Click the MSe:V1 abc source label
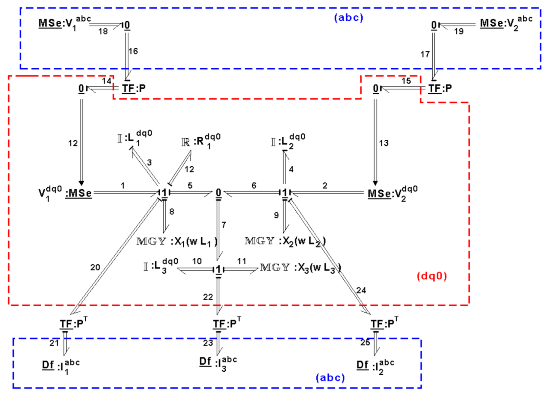pos(64,24)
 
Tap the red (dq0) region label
pos(432,276)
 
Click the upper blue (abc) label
pos(349,17)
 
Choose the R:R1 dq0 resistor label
pos(200,141)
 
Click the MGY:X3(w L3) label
pos(300,268)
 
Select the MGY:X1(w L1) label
pos(177,242)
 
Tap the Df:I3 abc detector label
pos(218,363)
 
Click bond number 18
pos(103,32)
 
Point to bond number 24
pos(361,290)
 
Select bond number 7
pos(224,225)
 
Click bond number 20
pos(95,267)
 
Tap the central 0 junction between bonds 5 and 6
pos(218,193)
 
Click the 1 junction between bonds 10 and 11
pos(218,269)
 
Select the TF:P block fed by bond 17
pos(440,88)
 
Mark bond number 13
pos(384,143)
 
